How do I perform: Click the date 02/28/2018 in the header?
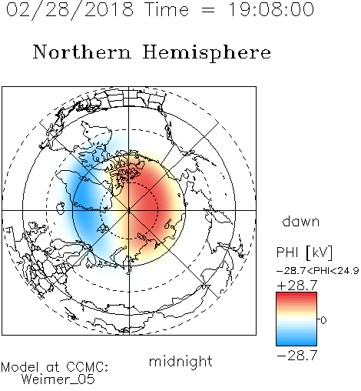tap(70, 10)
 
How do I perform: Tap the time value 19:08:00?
tap(271, 9)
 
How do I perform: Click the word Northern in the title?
tap(82, 52)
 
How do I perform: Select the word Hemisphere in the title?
tap(207, 53)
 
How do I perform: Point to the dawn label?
tap(301, 222)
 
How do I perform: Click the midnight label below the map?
tap(180, 361)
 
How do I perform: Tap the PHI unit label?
tap(287, 252)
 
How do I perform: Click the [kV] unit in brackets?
tap(319, 252)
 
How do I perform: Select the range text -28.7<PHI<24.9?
tap(317, 271)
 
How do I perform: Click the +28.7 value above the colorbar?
tap(297, 286)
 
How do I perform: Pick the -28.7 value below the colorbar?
tap(297, 356)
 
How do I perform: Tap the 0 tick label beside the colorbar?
tap(323, 320)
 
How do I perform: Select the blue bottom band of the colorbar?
tap(296, 342)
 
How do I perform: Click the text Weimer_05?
tap(58, 379)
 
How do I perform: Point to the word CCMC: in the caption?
tap(87, 367)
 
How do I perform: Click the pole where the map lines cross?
tap(129, 210)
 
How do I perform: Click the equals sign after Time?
tap(208, 10)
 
